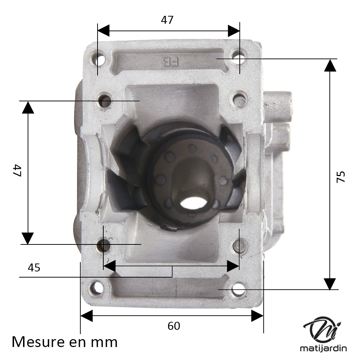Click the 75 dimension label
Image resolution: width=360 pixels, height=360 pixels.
(x=341, y=176)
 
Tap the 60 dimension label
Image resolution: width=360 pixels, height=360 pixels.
(x=174, y=326)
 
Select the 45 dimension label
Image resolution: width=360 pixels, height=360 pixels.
(x=34, y=268)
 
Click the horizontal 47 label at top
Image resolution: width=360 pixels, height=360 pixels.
(x=167, y=20)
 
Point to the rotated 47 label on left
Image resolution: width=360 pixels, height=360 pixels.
(x=17, y=170)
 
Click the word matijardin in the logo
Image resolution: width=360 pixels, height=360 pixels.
(x=323, y=348)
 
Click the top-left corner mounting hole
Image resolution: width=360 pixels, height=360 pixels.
(x=98, y=57)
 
